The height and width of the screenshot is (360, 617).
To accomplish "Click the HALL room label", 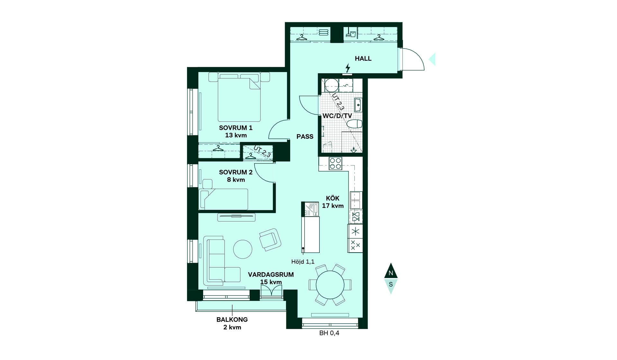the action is coord(363,59).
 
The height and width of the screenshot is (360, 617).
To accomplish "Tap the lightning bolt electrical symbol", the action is coord(347,68).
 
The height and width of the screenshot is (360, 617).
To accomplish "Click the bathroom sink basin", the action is coord(358,105).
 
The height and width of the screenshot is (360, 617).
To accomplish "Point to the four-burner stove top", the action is coord(335,163).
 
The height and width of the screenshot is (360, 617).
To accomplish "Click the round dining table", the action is coord(330,285).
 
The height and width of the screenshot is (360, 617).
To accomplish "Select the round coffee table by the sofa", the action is coord(243,249).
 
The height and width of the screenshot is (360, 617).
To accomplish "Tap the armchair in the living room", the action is coord(270,240).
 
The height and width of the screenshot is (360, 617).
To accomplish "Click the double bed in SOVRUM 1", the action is coord(239,97).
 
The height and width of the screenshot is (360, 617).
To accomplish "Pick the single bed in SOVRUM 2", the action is coord(224,199).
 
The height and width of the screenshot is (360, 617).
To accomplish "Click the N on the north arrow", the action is coord(391,273).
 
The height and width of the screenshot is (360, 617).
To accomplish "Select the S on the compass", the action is coord(391,284).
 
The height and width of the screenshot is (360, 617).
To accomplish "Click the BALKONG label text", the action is coord(232,320).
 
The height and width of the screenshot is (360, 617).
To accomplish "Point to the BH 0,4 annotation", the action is coord(329,333).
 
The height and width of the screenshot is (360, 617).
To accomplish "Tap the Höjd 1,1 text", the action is coord(303,262).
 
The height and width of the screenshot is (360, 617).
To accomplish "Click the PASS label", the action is coord(305,137).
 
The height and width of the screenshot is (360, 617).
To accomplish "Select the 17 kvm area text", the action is coord(333,206).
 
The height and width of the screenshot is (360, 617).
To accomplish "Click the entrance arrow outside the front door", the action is coord(432,59).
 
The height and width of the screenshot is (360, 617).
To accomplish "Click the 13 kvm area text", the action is coord(236,135).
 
